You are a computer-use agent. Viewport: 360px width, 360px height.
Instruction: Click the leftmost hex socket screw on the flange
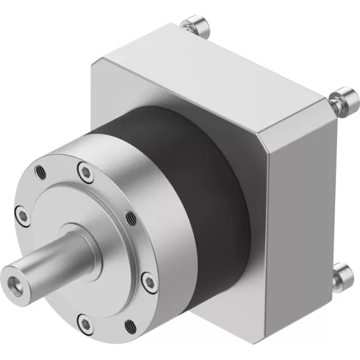pyautogui.click(x=24, y=215)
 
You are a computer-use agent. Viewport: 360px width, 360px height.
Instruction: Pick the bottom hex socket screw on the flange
pyautogui.click(x=82, y=321)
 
